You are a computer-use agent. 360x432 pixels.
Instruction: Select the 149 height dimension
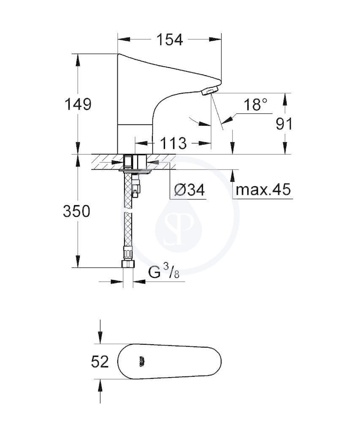78,104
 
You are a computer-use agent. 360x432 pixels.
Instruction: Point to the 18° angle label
255,105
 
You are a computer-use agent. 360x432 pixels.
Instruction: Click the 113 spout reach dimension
173,143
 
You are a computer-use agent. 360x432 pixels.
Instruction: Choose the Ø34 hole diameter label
190,190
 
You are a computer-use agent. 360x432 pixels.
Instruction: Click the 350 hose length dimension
77,212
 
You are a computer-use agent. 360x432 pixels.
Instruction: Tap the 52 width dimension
100,362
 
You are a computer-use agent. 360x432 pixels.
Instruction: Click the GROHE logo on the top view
142,361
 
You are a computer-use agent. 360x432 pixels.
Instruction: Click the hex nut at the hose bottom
128,264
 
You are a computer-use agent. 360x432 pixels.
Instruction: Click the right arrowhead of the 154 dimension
215,39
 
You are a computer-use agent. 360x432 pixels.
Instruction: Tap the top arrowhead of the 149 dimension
78,60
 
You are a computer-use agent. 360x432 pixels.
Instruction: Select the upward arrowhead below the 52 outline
100,385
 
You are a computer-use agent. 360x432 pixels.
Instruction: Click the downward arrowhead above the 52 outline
100,338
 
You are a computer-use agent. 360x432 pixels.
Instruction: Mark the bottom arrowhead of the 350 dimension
78,261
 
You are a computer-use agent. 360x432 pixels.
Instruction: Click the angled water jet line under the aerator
217,111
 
